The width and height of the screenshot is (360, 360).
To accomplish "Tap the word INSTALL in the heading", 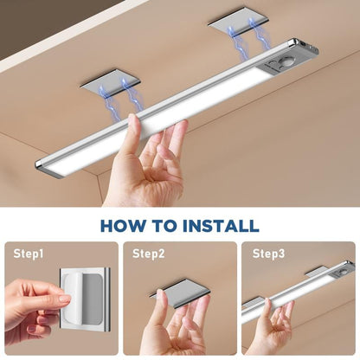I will pyautogui.click(x=220, y=226).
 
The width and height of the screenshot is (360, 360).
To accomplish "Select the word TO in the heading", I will pyautogui.click(x=167, y=226).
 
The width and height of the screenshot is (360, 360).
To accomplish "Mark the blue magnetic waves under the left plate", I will pyautogui.click(x=120, y=94).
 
